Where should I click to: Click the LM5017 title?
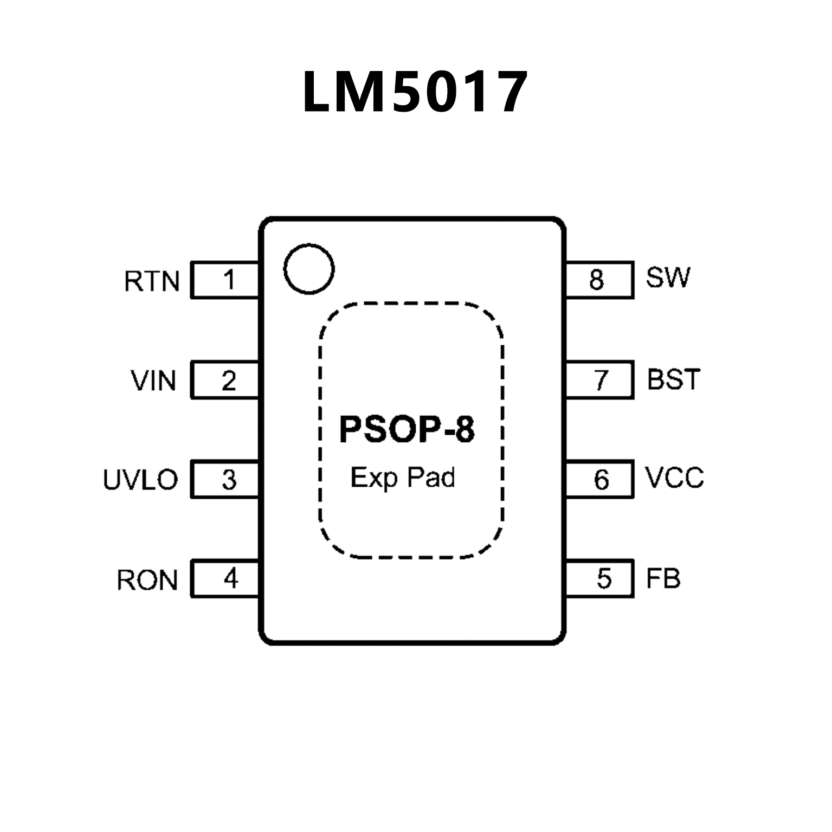click(415, 92)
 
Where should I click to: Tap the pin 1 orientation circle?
click(309, 269)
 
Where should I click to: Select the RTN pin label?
click(152, 281)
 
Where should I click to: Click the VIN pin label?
click(154, 380)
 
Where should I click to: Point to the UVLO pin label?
click(140, 480)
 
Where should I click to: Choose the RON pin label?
click(147, 580)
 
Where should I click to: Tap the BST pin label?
click(674, 379)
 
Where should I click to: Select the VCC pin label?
click(675, 478)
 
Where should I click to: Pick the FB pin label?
click(663, 578)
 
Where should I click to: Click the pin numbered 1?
click(225, 280)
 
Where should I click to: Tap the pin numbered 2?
click(225, 380)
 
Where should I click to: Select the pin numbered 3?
click(225, 480)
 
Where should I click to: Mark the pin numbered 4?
click(225, 579)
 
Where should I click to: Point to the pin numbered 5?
click(599, 579)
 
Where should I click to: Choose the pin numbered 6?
click(599, 480)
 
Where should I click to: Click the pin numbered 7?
click(599, 380)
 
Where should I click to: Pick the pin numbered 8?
click(599, 280)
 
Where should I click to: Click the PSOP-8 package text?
click(407, 430)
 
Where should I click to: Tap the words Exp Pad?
click(403, 478)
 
